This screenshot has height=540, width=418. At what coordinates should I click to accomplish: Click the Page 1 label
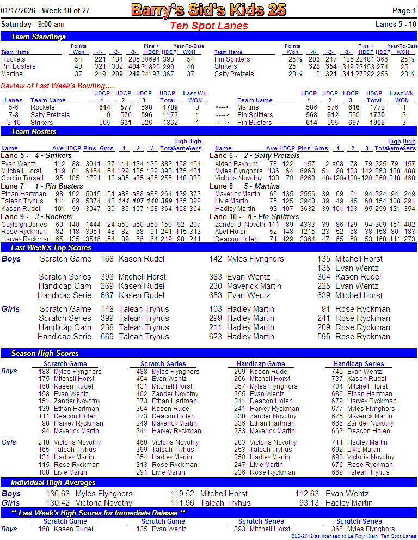tap(405, 10)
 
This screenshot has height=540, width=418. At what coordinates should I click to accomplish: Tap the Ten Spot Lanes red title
tap(209, 26)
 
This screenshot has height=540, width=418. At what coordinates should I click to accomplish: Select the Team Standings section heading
tap(38, 37)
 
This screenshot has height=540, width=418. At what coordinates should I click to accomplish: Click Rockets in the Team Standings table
tap(13, 59)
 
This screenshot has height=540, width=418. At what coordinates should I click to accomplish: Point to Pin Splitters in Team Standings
tap(232, 59)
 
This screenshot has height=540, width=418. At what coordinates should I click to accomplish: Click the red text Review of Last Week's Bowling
tap(58, 86)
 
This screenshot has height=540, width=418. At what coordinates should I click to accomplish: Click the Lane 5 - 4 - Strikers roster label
tap(36, 156)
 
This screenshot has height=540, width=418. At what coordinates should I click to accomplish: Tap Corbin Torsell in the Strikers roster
tap(22, 178)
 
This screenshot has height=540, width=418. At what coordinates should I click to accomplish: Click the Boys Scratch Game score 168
tap(107, 259)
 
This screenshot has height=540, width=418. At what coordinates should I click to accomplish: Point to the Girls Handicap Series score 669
tap(107, 337)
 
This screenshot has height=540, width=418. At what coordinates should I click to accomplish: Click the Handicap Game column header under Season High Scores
tap(261, 364)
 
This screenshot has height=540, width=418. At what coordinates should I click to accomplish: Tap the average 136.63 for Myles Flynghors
tap(58, 494)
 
